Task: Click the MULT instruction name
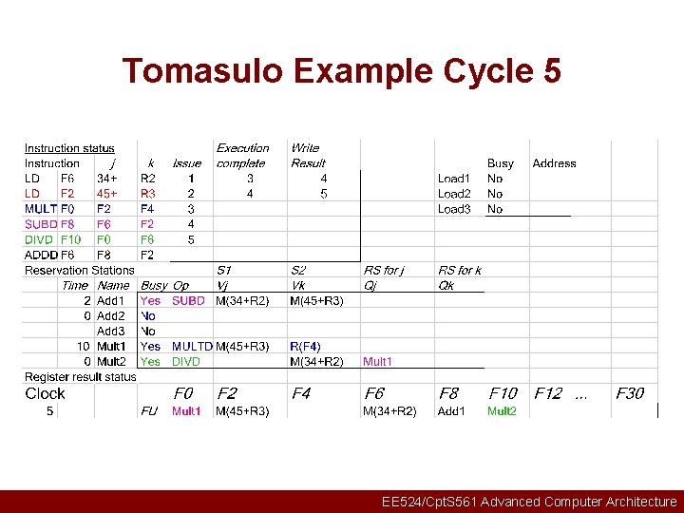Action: point(41,209)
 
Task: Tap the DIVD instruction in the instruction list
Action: point(40,239)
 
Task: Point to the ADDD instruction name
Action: point(41,255)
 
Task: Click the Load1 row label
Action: point(454,179)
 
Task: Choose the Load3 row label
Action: point(454,209)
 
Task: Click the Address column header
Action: point(554,163)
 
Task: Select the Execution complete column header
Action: point(242,156)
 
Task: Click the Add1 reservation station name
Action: point(111,300)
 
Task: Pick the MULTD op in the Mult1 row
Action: point(192,346)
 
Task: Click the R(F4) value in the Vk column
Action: point(305,346)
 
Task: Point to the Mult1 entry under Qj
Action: point(377,361)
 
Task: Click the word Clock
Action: point(45,393)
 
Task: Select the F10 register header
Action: point(503,393)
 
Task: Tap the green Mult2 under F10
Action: point(502,410)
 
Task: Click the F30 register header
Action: point(629,393)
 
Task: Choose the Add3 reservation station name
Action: point(111,331)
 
